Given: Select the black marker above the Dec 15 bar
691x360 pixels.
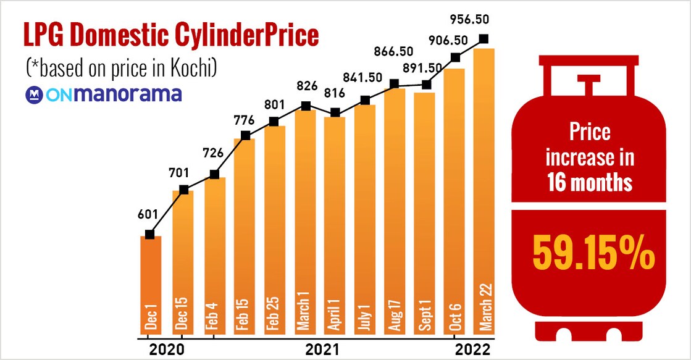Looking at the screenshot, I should (x=183, y=190).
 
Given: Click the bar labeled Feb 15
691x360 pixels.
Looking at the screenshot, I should (x=245, y=235).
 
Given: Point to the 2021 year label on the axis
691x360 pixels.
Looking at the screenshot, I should (x=322, y=350).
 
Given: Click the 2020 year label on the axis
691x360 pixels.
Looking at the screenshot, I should (x=167, y=350).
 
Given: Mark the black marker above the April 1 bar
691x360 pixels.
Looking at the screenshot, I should (x=335, y=112).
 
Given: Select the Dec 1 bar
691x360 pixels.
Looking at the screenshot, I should (x=151, y=284).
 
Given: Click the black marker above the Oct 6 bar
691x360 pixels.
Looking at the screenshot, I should (x=456, y=57).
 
